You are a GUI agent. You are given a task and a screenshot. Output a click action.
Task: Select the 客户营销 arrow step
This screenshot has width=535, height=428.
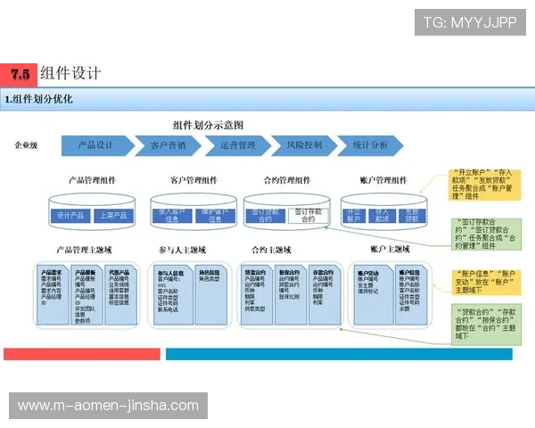168,144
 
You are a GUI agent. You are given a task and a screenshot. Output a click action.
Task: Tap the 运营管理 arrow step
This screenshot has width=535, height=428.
237,144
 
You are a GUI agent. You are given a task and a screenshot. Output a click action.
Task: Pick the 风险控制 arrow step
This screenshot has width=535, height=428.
304,144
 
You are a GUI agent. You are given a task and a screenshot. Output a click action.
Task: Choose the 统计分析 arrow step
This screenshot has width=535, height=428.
370,144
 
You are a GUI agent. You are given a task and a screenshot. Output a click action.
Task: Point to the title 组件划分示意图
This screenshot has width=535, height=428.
208,126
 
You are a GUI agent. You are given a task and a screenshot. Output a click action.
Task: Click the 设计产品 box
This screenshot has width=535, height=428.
70,216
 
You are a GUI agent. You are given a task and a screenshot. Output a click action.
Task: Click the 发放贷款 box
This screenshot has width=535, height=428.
410,215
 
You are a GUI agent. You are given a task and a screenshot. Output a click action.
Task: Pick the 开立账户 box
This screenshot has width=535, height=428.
354,215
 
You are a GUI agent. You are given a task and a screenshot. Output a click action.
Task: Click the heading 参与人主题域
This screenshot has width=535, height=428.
182,249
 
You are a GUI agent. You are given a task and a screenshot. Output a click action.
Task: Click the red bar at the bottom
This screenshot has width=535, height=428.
81,354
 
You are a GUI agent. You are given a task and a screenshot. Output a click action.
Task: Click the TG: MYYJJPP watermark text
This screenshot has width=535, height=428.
469,21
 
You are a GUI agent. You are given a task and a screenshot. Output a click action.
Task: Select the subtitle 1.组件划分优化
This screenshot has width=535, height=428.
39,99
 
